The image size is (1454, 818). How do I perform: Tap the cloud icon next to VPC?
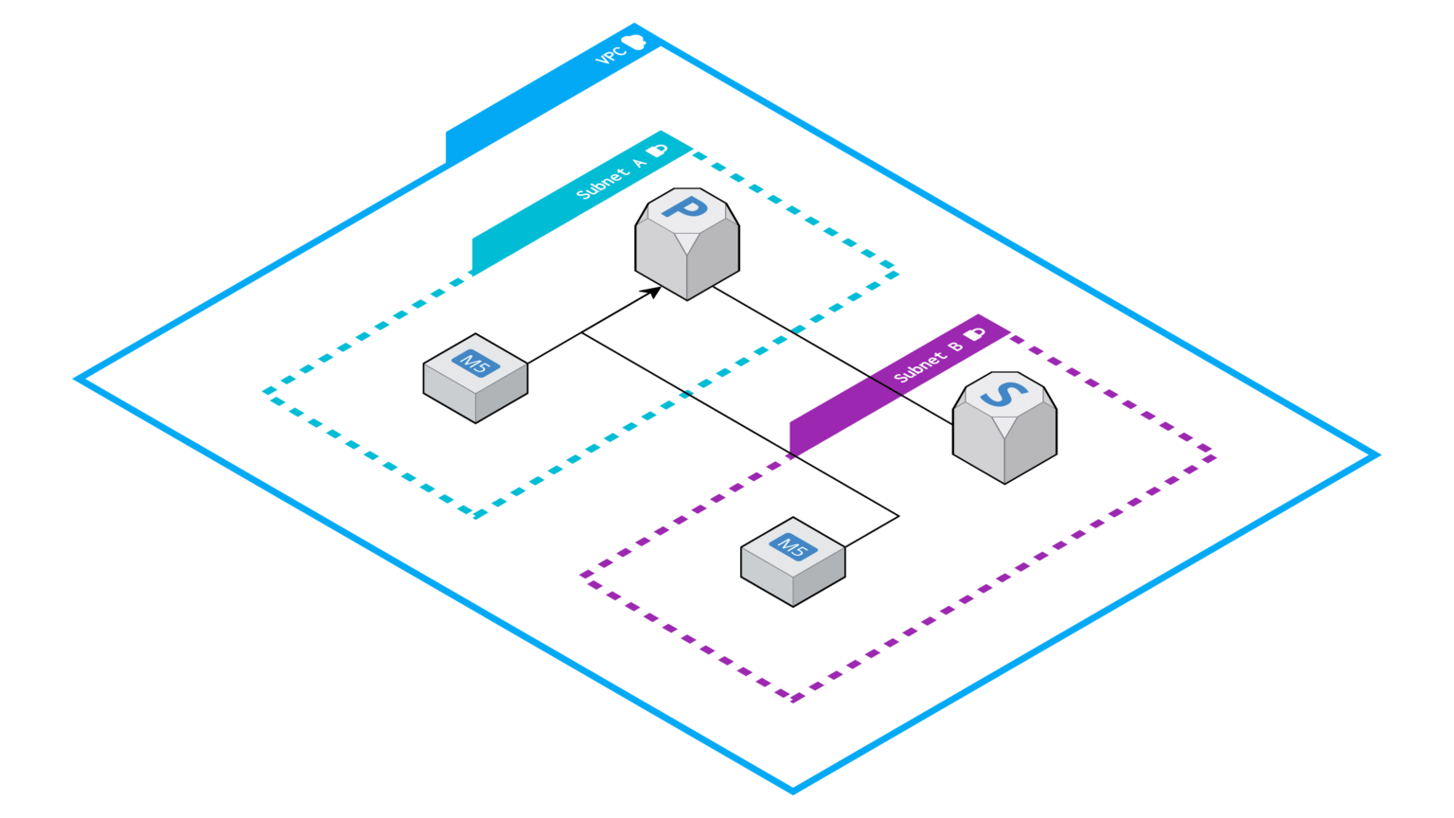click(x=633, y=41)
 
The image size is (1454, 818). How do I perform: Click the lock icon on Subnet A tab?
click(x=656, y=150)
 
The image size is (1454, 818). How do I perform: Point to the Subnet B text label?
click(x=929, y=361)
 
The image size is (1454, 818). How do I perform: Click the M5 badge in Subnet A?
click(x=475, y=362)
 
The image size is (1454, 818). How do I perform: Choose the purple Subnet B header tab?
click(x=833, y=417)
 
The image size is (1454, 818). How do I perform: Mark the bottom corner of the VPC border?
click(x=793, y=791)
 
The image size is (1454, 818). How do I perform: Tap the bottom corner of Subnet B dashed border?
click(x=793, y=699)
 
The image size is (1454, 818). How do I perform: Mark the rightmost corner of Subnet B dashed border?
click(x=1214, y=457)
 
